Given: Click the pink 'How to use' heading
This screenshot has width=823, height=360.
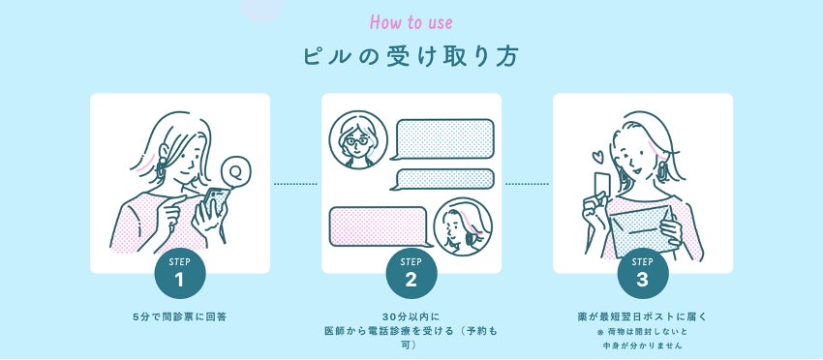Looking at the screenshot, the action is click(x=411, y=22).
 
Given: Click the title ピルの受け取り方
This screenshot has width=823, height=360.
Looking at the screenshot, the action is click(x=411, y=57).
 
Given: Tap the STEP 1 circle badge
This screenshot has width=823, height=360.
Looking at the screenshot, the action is click(x=179, y=274).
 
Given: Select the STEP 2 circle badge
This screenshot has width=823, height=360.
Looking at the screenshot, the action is click(x=411, y=274).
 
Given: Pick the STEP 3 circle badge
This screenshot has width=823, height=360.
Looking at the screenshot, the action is click(x=643, y=274).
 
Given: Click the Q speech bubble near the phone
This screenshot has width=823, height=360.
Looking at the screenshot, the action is click(x=234, y=171).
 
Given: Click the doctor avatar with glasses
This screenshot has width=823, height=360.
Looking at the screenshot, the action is click(x=358, y=139).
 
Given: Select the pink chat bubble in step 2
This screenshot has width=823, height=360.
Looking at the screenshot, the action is click(x=379, y=226).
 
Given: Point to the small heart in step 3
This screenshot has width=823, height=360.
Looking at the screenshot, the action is click(x=597, y=157).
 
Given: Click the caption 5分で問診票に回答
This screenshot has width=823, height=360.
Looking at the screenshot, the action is click(x=179, y=317).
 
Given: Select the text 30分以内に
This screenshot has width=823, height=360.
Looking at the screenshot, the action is click(x=411, y=317).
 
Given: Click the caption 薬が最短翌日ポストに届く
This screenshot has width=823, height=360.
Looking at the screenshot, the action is click(x=643, y=317).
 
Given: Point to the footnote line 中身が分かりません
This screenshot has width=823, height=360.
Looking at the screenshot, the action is click(x=643, y=345).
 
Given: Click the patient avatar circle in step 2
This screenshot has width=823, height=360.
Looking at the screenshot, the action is click(x=463, y=226).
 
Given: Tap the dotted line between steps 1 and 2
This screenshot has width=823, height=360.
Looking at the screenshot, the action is click(x=295, y=184).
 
